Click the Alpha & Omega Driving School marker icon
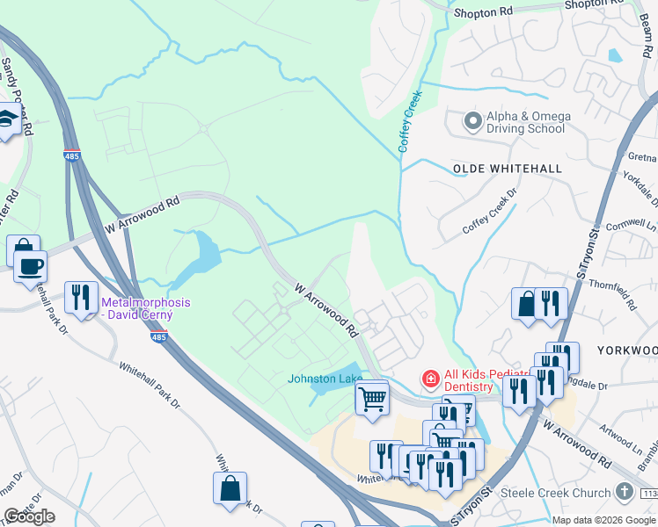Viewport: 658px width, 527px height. (472, 122)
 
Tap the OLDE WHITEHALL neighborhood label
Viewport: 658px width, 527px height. (493, 168)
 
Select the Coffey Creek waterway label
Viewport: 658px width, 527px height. (410, 121)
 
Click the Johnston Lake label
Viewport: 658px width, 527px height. (325, 379)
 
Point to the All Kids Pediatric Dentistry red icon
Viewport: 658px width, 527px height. (430, 379)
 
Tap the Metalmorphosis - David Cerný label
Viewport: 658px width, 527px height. (144, 308)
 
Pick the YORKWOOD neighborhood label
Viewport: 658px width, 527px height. (626, 350)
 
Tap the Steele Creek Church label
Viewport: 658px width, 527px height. (555, 493)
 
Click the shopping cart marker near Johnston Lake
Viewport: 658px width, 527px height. (372, 399)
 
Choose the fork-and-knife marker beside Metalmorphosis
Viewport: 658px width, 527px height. (81, 296)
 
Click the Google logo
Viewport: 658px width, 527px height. (29, 516)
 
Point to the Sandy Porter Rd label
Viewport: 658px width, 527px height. (16, 97)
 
